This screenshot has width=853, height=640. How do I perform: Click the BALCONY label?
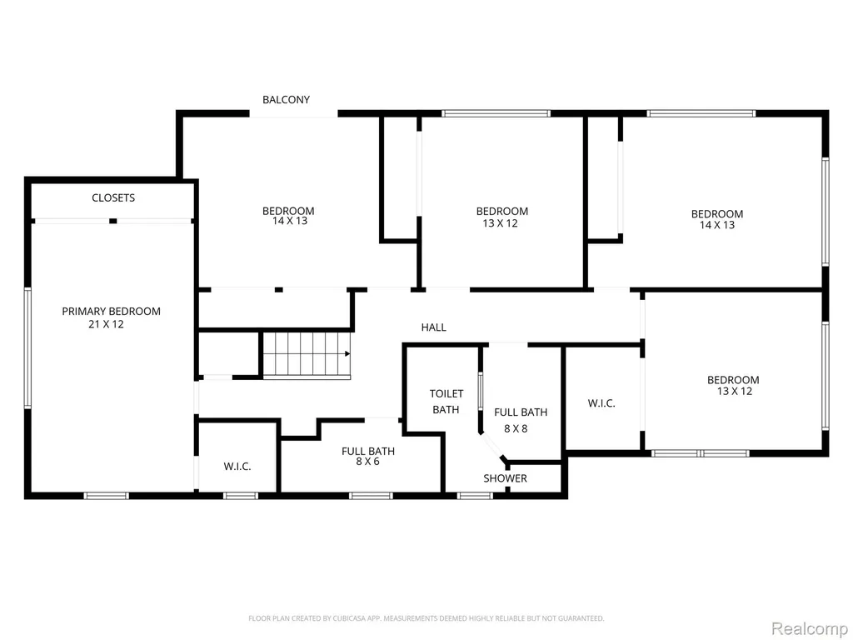point(287,100)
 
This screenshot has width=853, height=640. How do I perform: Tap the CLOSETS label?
point(113,197)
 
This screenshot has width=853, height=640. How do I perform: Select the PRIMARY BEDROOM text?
point(111,312)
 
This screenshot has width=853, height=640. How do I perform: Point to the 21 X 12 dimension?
point(106,324)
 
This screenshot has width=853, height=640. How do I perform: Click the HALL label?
point(433,327)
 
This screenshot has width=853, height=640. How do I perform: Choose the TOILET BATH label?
point(446,402)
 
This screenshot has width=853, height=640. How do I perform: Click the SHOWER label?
point(506,478)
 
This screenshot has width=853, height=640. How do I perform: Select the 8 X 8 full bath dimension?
point(516,428)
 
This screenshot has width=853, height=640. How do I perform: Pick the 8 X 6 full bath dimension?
point(367,462)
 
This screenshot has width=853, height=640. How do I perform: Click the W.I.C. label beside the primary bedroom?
point(237,467)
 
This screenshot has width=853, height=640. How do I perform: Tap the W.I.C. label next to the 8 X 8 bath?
point(601,403)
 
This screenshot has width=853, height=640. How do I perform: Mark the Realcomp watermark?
point(810,628)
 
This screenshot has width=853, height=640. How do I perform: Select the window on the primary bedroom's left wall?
point(27,347)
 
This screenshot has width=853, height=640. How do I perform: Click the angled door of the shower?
point(494,446)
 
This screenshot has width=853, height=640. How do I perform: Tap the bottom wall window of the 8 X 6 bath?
point(371,496)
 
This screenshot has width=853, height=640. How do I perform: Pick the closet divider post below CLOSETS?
point(113,221)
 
